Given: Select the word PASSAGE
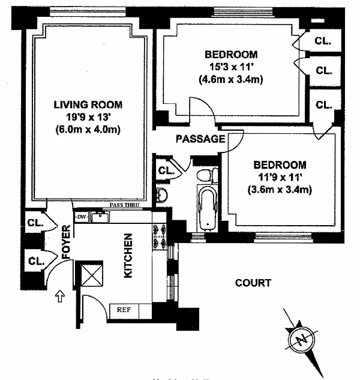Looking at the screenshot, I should [200, 139].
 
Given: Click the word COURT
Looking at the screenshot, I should [253, 283].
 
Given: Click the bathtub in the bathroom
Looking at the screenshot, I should [207, 208].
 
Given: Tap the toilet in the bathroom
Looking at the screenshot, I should [206, 175].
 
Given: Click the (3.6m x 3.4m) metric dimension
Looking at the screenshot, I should [280, 190].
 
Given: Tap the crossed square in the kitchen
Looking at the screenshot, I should [92, 274].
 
